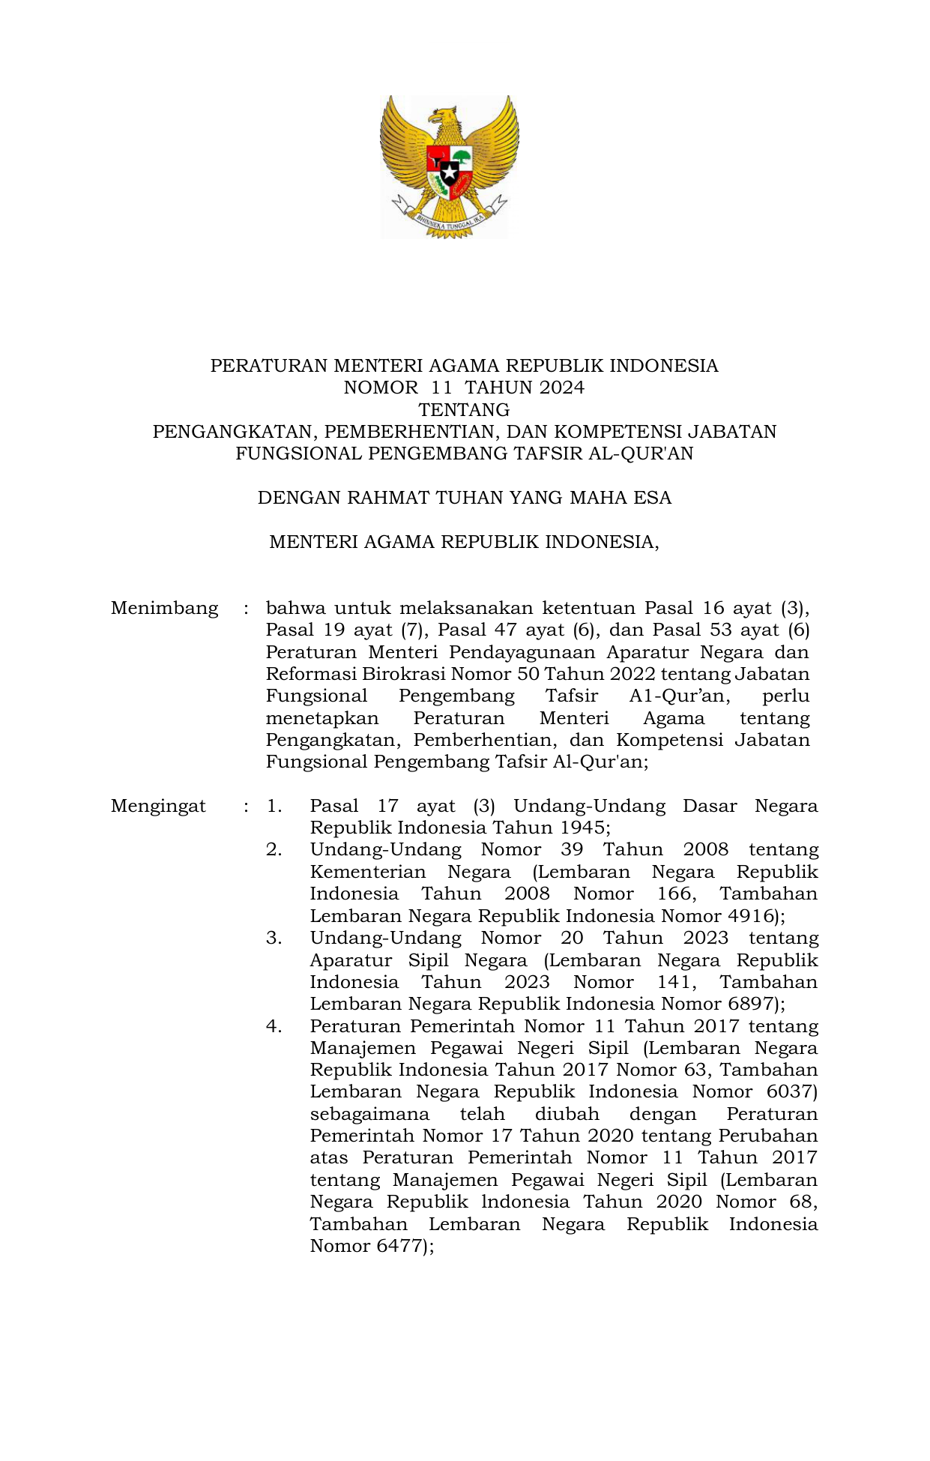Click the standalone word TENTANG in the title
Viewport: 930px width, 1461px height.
point(464,410)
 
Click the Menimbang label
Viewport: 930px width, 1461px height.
point(164,608)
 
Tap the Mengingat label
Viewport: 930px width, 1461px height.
point(158,806)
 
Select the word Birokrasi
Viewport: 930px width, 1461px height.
point(405,674)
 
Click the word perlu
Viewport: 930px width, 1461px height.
point(785,696)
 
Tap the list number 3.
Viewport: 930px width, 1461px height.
point(274,939)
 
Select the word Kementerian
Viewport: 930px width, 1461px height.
point(367,873)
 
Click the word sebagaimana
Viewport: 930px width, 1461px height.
point(369,1114)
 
